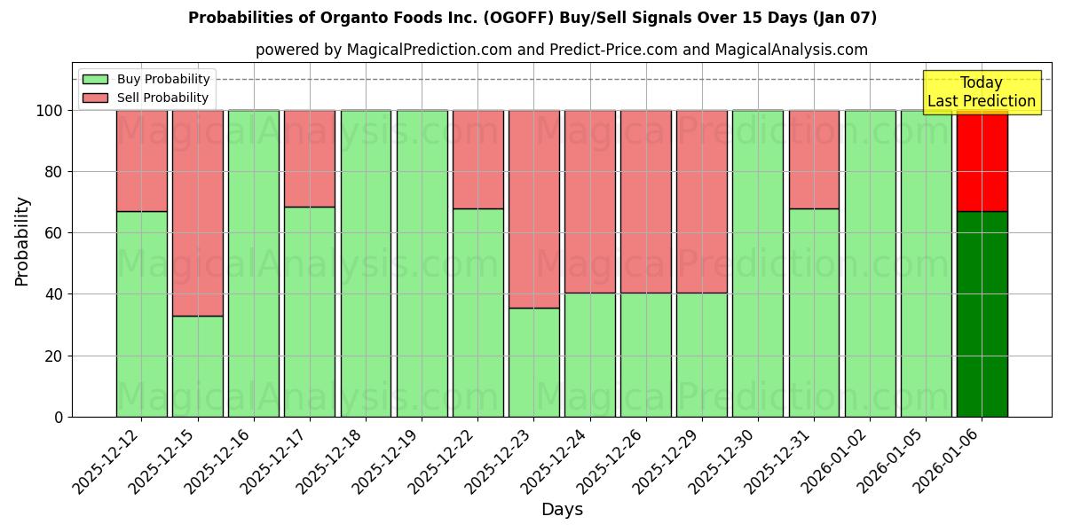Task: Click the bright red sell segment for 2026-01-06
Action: click(982, 160)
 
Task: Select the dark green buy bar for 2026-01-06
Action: click(982, 314)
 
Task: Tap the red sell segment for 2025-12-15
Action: click(197, 213)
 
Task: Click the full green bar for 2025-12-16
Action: click(253, 263)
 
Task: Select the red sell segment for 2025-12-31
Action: click(814, 160)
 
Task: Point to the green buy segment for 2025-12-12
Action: click(141, 314)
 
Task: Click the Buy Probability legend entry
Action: click(146, 80)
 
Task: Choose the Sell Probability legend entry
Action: click(146, 98)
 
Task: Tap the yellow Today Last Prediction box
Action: click(981, 92)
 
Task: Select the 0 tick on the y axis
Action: click(59, 417)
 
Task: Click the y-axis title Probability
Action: click(22, 241)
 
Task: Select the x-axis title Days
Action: click(562, 510)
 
